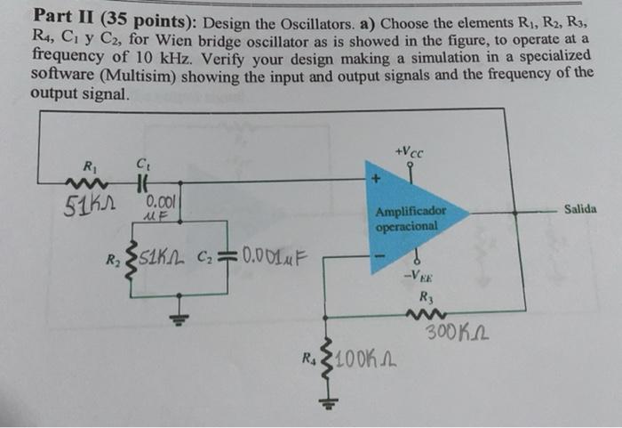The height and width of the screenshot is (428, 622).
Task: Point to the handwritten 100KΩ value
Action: (x=366, y=361)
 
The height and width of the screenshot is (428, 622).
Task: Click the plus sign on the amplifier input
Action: (x=377, y=182)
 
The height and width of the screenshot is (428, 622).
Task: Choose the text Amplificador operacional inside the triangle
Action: (x=410, y=219)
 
